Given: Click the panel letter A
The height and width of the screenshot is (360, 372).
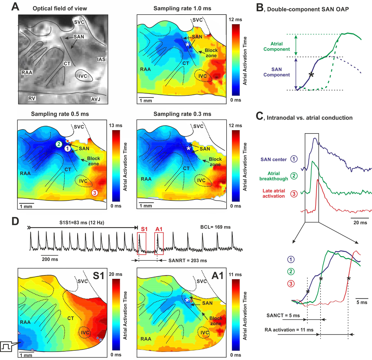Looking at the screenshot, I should click(x=15, y=7).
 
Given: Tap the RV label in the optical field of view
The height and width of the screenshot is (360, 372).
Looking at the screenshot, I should click(x=32, y=98).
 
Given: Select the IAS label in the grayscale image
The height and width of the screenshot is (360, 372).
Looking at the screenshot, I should click(x=101, y=59).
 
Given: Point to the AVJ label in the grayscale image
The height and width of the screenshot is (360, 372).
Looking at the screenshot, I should click(x=95, y=99).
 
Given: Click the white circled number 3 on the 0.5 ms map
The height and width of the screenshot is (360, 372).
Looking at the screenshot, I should click(x=95, y=193).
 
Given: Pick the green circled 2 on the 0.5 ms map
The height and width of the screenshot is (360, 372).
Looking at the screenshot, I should click(x=59, y=144).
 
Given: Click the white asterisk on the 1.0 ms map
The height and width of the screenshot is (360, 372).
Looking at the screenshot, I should click(x=187, y=45).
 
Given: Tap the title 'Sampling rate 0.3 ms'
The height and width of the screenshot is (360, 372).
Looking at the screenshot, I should click(x=182, y=114).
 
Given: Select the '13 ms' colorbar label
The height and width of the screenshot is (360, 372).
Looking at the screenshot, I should click(x=116, y=125).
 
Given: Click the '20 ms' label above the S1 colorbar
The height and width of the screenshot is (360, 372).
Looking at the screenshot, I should click(x=116, y=274).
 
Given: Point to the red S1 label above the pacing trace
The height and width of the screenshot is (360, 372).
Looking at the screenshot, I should click(x=144, y=229).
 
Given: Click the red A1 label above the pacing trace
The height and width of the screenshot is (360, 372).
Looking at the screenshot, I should click(x=159, y=229).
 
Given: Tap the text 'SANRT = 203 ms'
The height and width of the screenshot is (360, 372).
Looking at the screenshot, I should click(x=188, y=261).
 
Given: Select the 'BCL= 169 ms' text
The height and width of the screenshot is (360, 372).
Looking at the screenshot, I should click(x=215, y=227).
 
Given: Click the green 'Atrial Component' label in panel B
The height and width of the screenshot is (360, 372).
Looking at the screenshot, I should click(x=277, y=46).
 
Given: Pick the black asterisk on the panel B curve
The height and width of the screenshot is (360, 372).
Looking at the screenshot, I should click(x=311, y=75).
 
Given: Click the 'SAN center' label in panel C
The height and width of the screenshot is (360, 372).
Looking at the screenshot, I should click(x=273, y=160).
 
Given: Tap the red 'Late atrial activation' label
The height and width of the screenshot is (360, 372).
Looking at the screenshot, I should click(x=273, y=193).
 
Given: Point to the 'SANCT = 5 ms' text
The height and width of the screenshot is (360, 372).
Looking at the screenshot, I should click(x=283, y=315).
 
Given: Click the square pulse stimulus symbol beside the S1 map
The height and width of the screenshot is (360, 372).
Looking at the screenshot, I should click(x=6, y=346).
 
